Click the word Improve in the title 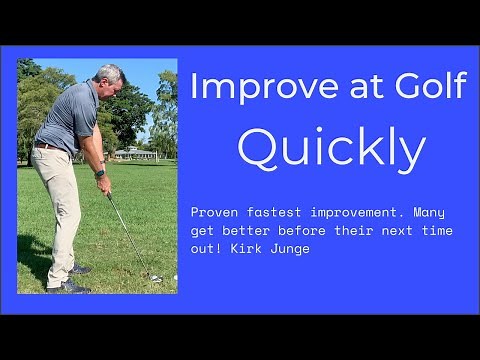tap(246, 87)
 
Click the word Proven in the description tap(215, 213)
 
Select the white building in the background tap(135, 154)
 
